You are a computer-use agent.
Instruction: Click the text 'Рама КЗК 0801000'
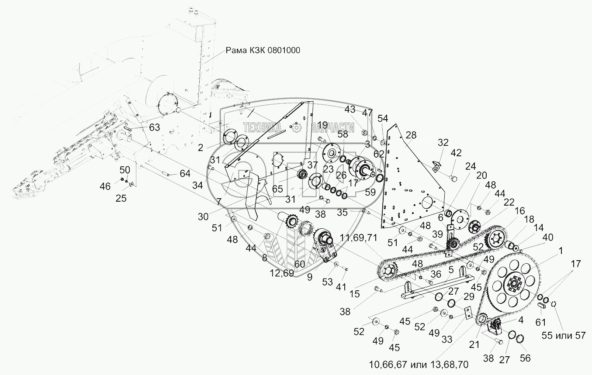[263, 50]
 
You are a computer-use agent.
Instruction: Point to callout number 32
[443, 142]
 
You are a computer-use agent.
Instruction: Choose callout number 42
[456, 153]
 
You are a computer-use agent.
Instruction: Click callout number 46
[105, 186]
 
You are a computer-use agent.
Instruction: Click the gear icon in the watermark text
[296, 127]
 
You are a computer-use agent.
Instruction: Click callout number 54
[383, 118]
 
